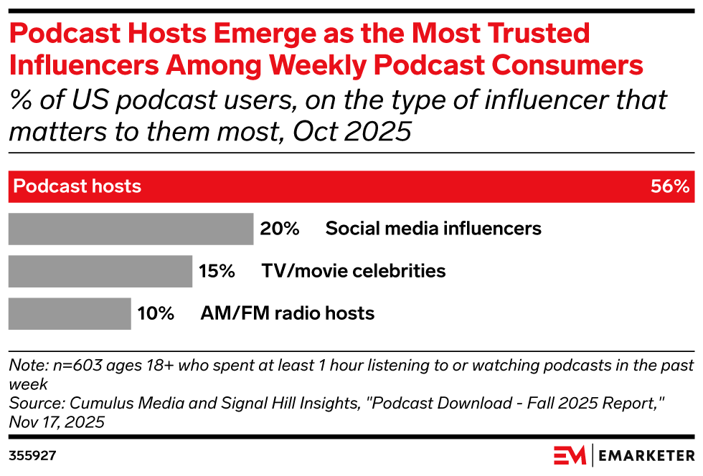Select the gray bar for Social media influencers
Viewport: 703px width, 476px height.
(x=130, y=229)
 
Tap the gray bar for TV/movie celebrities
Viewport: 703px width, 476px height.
(x=100, y=271)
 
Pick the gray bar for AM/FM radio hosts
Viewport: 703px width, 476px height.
(x=69, y=313)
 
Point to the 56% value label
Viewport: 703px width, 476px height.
(x=670, y=187)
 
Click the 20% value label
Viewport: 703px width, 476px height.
(x=279, y=229)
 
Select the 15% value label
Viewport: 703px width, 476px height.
(x=217, y=271)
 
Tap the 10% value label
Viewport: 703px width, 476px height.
(x=156, y=313)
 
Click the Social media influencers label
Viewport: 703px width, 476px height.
(x=433, y=229)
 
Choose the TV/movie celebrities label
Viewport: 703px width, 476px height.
(x=353, y=271)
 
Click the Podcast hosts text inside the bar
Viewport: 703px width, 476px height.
(x=77, y=187)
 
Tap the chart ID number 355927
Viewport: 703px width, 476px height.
(x=32, y=455)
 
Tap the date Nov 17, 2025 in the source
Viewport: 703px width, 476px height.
(x=57, y=422)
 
